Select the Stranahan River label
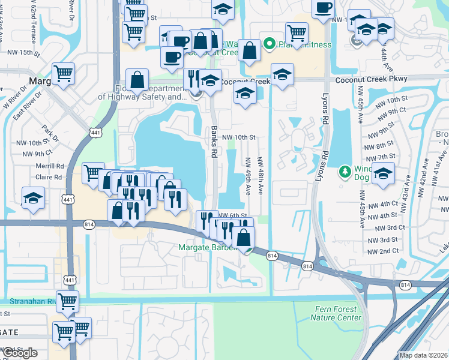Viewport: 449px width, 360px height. (x=30, y=301)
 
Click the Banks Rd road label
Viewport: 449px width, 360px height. (x=214, y=141)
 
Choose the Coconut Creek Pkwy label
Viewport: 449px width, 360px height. (x=371, y=79)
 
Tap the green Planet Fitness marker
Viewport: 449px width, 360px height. (x=270, y=43)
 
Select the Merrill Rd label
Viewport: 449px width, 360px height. (x=50, y=166)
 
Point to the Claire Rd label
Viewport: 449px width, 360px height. (x=49, y=178)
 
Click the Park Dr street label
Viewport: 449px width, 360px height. (x=49, y=130)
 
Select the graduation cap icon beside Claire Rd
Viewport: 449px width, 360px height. (x=33, y=198)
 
